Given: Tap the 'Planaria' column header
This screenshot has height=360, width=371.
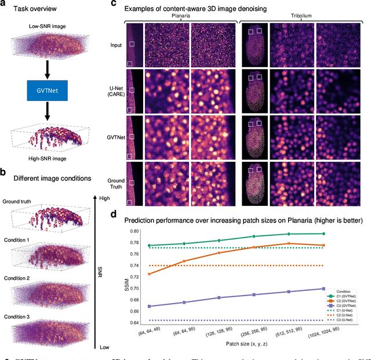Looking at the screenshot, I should point(180,17).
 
